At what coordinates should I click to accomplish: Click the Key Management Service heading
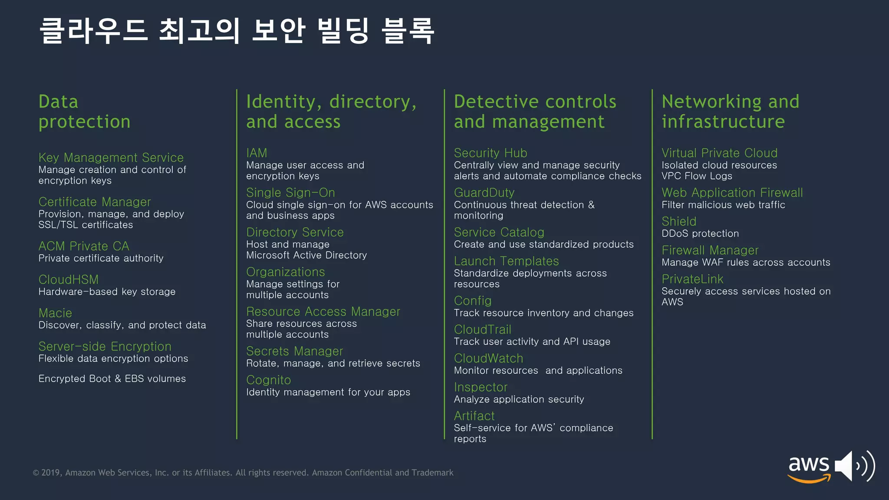[x=111, y=158]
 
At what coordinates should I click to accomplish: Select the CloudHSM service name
[x=69, y=280]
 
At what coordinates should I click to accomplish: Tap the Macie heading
[x=55, y=313]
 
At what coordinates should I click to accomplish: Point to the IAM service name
[x=257, y=153]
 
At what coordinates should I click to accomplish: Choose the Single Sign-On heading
[x=290, y=193]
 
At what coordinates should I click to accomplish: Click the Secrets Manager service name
[x=294, y=351]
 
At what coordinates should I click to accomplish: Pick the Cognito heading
[x=268, y=380]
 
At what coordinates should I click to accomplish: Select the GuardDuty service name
[x=484, y=193]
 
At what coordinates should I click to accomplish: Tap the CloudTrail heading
[x=482, y=330]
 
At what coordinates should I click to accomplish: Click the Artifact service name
[x=474, y=416]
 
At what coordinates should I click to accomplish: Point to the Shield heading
[x=678, y=222]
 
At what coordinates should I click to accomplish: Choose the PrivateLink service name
[x=692, y=279]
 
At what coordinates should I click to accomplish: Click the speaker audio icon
[x=854, y=466]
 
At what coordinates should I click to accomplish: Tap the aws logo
[x=808, y=468]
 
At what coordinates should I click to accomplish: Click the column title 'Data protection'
[x=84, y=112]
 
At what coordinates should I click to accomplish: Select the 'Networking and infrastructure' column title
[x=730, y=112]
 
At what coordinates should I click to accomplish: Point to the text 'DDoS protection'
[x=700, y=234]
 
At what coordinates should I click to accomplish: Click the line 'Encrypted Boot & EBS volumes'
[x=112, y=379]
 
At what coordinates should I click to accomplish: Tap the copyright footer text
[x=243, y=473]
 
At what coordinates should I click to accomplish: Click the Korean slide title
[x=237, y=31]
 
